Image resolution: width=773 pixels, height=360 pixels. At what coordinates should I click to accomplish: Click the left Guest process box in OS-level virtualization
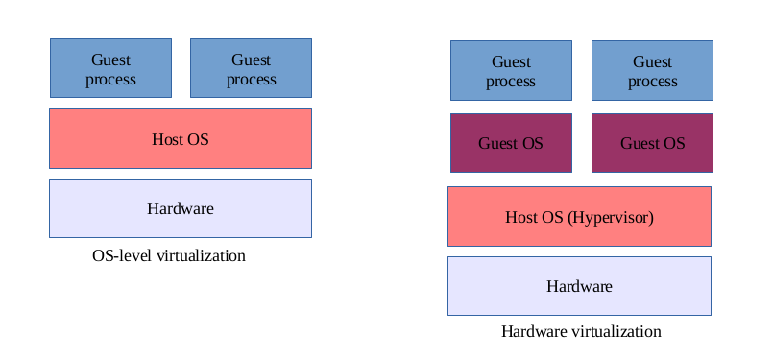110,68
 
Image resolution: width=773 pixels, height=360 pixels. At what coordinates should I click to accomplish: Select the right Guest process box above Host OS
251,68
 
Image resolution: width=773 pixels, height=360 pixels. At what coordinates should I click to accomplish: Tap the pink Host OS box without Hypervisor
181,138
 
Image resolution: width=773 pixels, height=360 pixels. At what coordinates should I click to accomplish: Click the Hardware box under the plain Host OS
181,207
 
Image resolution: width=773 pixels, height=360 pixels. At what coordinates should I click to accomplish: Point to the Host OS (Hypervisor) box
579,216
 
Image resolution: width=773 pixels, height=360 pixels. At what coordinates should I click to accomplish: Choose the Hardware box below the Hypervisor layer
579,285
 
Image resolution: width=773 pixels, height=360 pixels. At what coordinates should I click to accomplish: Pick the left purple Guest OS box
511,143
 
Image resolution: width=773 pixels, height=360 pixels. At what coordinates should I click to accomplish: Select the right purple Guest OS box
652,143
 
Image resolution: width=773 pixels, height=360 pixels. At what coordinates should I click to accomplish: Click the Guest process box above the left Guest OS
511,70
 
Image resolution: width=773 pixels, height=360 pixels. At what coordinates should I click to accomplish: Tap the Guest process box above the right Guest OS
652,70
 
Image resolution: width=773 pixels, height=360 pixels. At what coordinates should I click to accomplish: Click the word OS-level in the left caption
122,256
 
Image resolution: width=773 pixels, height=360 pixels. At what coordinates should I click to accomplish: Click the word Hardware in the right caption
531,332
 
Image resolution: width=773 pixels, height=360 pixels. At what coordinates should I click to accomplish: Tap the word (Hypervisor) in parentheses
611,217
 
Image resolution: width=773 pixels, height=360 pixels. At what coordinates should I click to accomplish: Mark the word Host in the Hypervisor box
521,217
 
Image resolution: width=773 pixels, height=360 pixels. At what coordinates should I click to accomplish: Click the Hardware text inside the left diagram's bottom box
181,208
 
